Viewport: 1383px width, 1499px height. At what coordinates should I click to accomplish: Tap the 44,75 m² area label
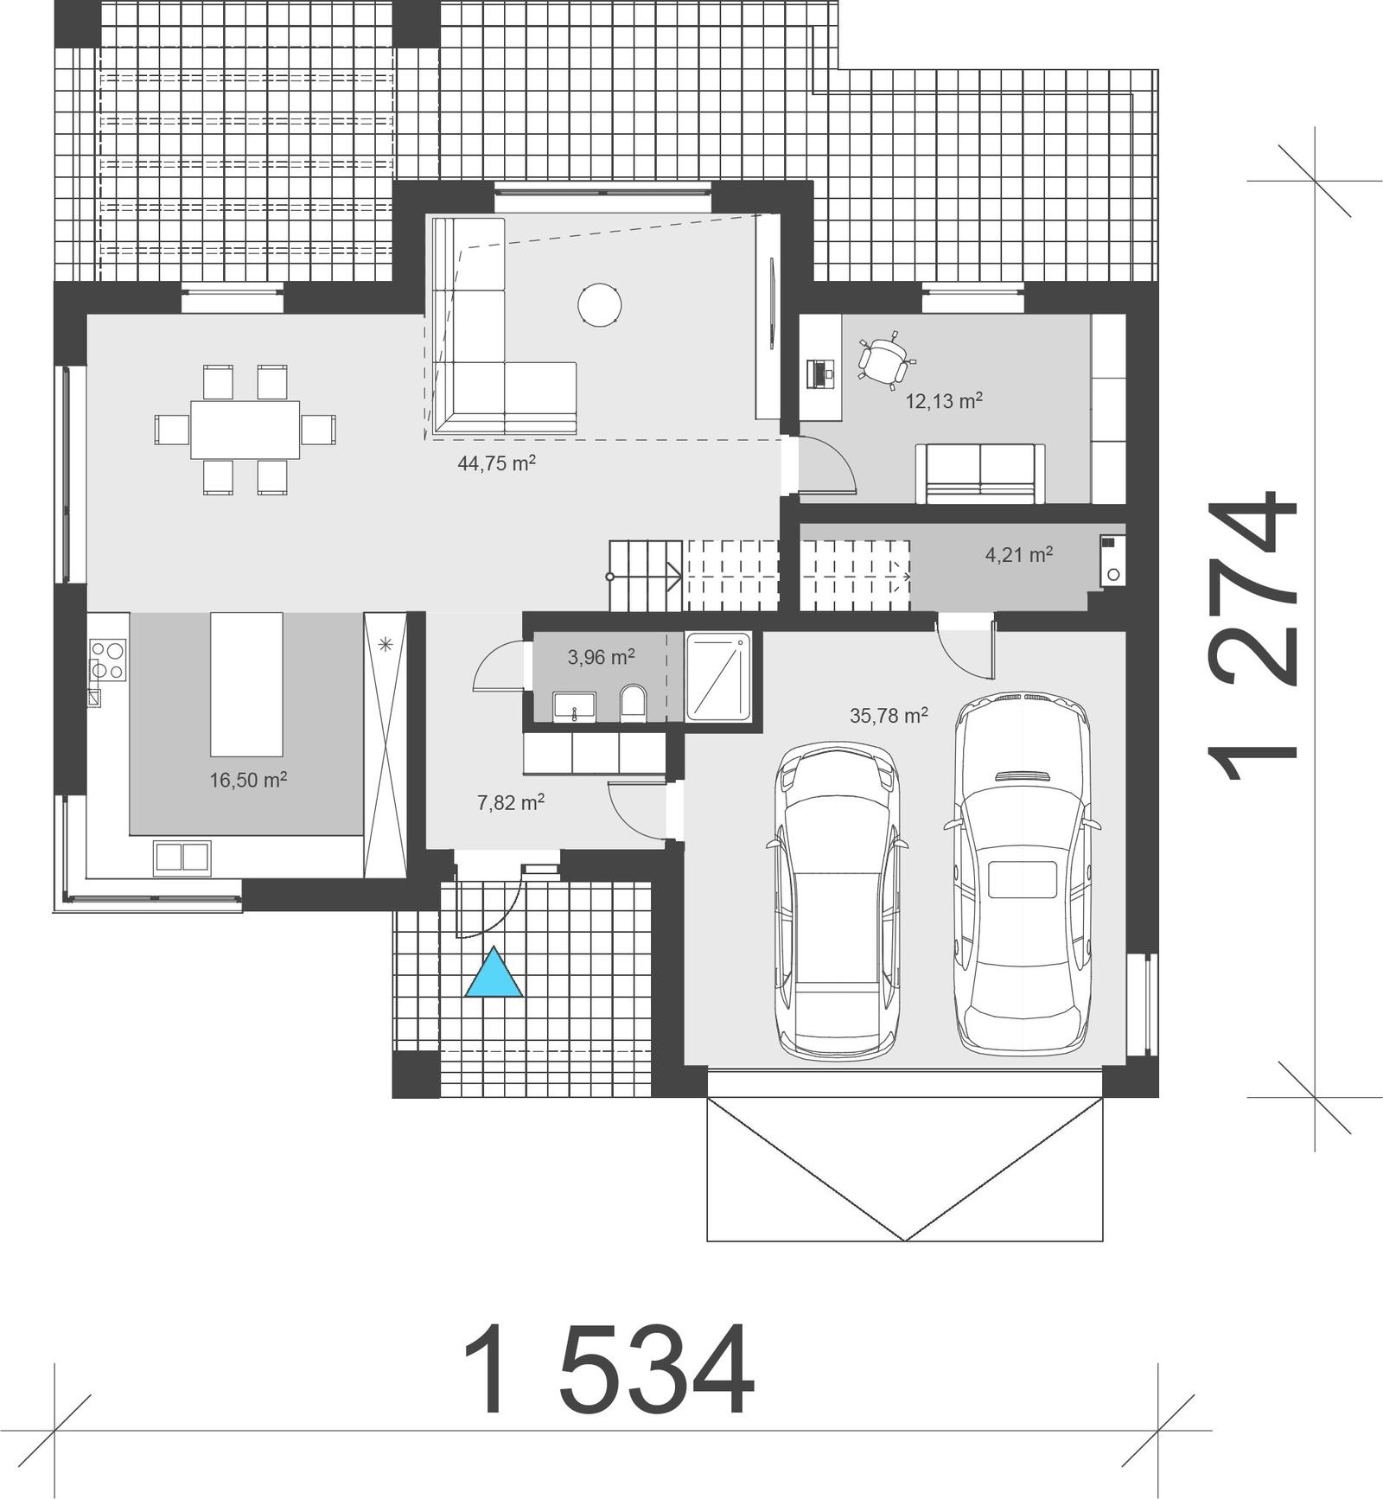496,463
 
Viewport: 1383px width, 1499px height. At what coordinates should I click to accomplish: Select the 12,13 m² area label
944,401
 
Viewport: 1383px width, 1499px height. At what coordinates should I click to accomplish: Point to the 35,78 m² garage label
889,715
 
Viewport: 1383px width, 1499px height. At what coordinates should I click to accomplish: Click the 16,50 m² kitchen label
248,780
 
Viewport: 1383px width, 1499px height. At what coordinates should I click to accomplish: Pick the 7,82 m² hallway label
511,802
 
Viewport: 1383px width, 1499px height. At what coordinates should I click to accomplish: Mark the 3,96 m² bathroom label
601,657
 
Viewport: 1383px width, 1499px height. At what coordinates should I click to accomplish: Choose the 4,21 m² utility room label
1019,554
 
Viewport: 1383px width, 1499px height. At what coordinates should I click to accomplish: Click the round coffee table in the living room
599,306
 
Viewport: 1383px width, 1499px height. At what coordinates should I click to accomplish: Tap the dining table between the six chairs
245,430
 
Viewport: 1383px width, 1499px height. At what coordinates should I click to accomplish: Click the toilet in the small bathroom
634,703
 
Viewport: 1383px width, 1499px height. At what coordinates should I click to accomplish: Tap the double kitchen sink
182,856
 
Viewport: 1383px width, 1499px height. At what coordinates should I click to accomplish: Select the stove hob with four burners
108,660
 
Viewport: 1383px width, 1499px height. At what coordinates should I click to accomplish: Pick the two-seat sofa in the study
980,474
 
